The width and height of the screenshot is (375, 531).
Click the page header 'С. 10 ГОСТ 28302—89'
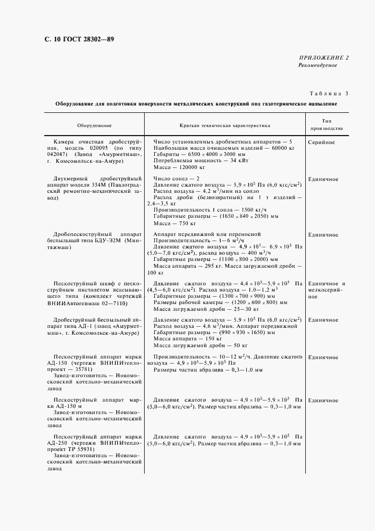[79, 39]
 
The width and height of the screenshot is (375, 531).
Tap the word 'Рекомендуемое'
[318, 66]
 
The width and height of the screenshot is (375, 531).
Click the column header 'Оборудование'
[94, 125]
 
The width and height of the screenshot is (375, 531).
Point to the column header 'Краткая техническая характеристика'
[225, 125]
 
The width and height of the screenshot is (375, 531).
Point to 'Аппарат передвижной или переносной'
[207, 234]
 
